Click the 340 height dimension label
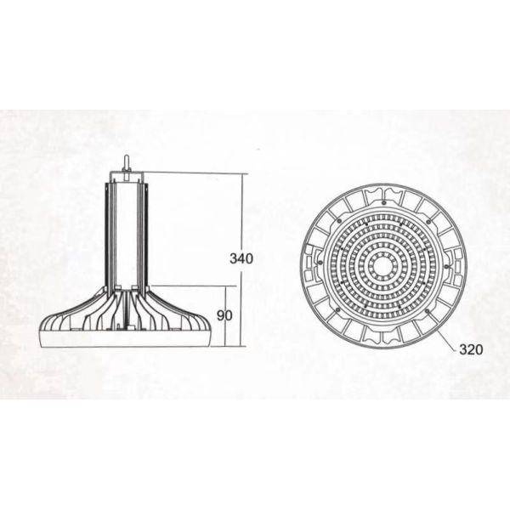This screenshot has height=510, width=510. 241,258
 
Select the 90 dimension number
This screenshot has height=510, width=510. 225,315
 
